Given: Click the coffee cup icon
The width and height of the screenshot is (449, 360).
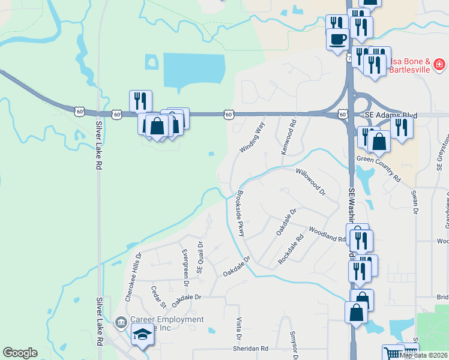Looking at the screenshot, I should (337, 39).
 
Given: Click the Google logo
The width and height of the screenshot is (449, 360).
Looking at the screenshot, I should (20, 353).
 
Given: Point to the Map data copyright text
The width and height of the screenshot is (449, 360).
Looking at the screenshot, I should (424, 355).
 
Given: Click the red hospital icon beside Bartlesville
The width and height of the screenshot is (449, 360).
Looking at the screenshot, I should (439, 63).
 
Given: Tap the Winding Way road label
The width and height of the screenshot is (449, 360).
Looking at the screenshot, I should (252, 137).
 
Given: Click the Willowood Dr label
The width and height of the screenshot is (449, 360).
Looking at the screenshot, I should (310, 182).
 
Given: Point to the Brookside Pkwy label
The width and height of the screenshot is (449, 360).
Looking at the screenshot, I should (238, 215).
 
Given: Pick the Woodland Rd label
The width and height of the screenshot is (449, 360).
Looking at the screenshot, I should (327, 234).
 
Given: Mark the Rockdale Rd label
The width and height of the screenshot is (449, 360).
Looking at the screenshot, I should (292, 250).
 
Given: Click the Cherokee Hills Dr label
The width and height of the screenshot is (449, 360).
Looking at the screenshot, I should (132, 277).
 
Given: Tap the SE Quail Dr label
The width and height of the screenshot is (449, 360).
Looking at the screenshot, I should (201, 257).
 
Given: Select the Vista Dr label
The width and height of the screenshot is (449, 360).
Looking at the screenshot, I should (238, 331).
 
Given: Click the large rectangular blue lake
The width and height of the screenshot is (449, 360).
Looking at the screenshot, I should (193, 70).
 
